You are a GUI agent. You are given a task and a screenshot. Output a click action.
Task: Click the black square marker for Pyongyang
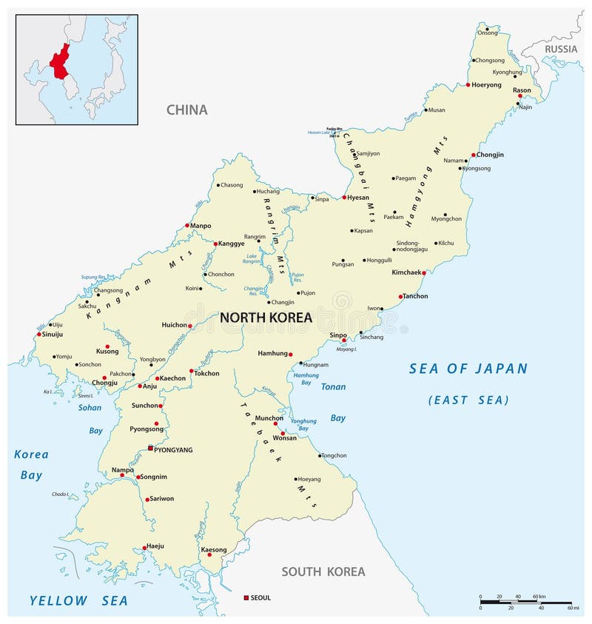[x=150, y=449]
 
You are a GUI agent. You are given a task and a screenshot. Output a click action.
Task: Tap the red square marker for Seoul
[x=246, y=597]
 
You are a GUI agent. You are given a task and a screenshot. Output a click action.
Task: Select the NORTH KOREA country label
[x=266, y=318]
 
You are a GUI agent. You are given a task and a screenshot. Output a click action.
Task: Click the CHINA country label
[x=186, y=110]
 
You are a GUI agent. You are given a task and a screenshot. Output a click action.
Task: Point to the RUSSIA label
[x=560, y=49]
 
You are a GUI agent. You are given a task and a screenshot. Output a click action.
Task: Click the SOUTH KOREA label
[x=323, y=571]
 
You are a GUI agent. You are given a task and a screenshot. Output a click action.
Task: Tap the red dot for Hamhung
[x=290, y=354]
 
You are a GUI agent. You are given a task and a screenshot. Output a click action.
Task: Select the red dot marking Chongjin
[x=474, y=155]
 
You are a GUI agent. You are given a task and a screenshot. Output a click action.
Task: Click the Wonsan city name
[x=285, y=438]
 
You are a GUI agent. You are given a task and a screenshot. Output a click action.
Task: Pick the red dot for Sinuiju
[x=39, y=334]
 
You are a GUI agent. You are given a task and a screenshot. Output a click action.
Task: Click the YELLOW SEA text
[x=78, y=600]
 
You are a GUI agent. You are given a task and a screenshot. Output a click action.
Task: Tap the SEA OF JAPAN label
[x=468, y=369]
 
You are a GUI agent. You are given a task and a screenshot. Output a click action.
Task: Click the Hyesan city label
[x=358, y=198]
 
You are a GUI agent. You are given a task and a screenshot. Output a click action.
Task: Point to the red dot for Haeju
[x=144, y=548]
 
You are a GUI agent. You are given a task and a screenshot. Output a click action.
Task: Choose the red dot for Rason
[x=520, y=95]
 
